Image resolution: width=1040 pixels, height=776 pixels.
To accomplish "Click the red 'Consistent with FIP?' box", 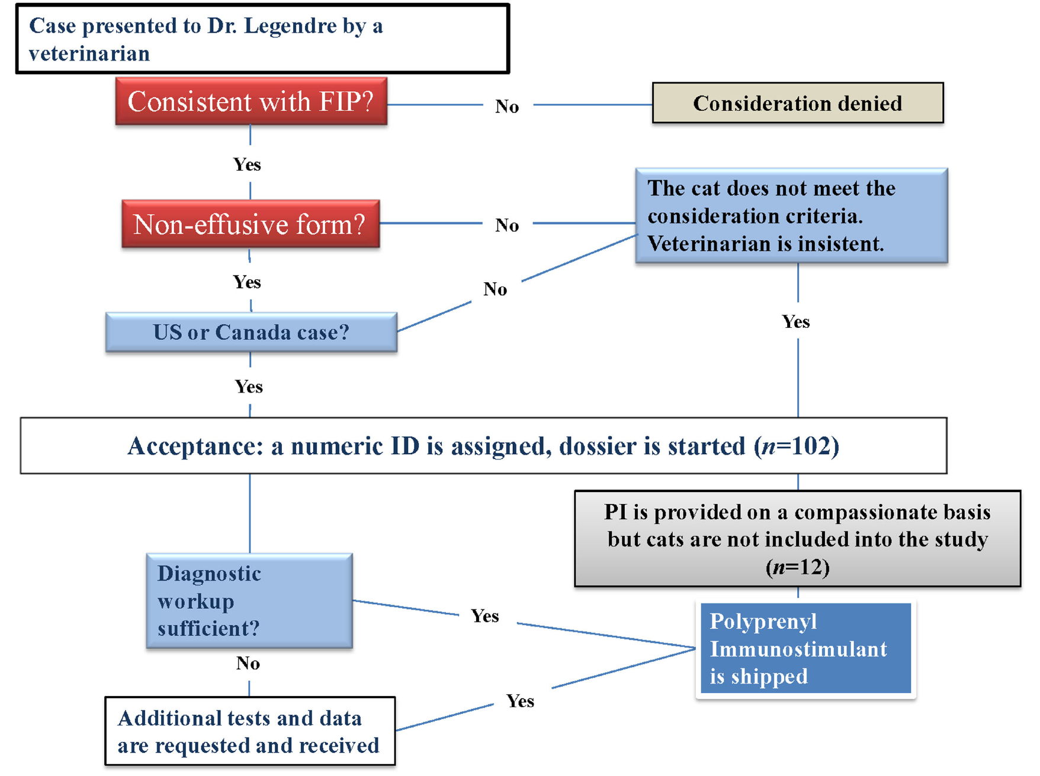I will (x=251, y=101).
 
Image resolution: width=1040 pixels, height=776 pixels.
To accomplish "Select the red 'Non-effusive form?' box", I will (x=251, y=224).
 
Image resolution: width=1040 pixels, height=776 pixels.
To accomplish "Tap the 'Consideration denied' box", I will (x=797, y=103).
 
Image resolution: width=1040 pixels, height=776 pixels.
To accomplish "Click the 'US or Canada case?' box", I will (x=251, y=332).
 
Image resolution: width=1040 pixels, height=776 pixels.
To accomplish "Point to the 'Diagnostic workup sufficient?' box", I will (x=249, y=601).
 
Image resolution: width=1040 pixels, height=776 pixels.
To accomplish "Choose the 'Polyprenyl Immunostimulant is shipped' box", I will (x=805, y=649).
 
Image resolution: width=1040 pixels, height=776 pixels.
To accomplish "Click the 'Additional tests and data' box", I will (x=250, y=732).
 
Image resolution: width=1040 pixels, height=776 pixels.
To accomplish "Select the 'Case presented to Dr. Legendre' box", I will (x=262, y=39).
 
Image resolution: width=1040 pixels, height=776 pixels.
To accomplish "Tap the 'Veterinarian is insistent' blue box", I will (x=791, y=216).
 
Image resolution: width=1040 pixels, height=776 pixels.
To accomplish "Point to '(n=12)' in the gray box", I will (x=797, y=567).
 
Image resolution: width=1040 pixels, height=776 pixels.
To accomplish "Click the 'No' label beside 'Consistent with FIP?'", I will (x=507, y=107).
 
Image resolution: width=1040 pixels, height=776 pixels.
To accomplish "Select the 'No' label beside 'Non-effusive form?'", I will (x=507, y=225).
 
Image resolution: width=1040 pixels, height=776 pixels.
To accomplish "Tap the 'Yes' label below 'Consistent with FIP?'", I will (x=247, y=164).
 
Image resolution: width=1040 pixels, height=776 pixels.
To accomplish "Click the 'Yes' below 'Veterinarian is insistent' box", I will (x=795, y=322).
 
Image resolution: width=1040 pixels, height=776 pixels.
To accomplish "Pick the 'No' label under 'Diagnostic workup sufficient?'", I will (x=248, y=663).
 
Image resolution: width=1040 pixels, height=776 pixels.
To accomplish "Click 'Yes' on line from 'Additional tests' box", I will (x=520, y=701).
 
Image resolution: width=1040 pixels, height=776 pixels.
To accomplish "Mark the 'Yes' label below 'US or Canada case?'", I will (x=249, y=387).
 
